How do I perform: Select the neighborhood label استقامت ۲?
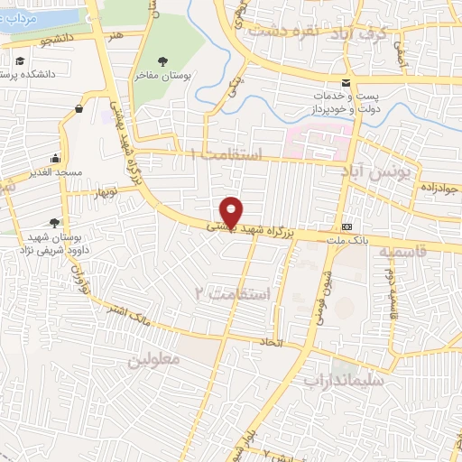click(x=233, y=294)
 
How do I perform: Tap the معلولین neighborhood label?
click(x=154, y=358)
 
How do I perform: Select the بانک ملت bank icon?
click(x=346, y=226)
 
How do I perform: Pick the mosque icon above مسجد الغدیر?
click(x=56, y=157)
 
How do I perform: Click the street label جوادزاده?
click(x=440, y=188)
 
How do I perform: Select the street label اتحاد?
click(x=272, y=343)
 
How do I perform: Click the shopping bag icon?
click(x=79, y=109)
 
